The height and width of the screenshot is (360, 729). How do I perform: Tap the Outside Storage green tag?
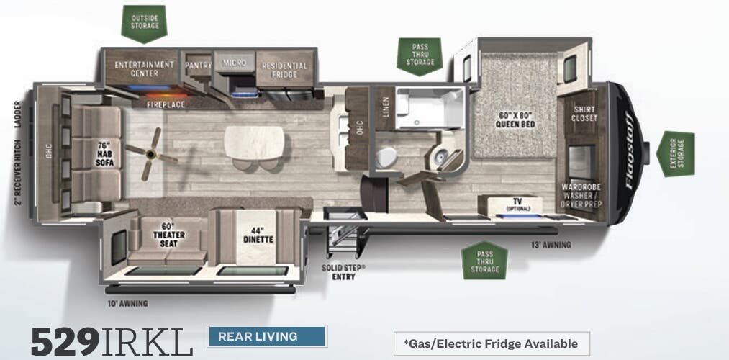[x=145, y=22]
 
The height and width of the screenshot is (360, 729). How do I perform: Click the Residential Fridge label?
[x=284, y=69]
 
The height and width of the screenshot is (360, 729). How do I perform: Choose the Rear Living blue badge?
[x=267, y=336]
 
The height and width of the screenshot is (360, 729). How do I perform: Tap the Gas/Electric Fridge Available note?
[x=491, y=343]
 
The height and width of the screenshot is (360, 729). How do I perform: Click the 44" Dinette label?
[x=258, y=235]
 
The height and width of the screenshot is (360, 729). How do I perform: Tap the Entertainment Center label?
[x=145, y=68]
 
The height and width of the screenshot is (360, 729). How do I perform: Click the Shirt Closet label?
[x=584, y=114]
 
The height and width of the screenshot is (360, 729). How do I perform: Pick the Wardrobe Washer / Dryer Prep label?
[x=581, y=195]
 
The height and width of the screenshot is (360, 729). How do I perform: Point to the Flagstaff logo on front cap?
[x=628, y=150]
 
